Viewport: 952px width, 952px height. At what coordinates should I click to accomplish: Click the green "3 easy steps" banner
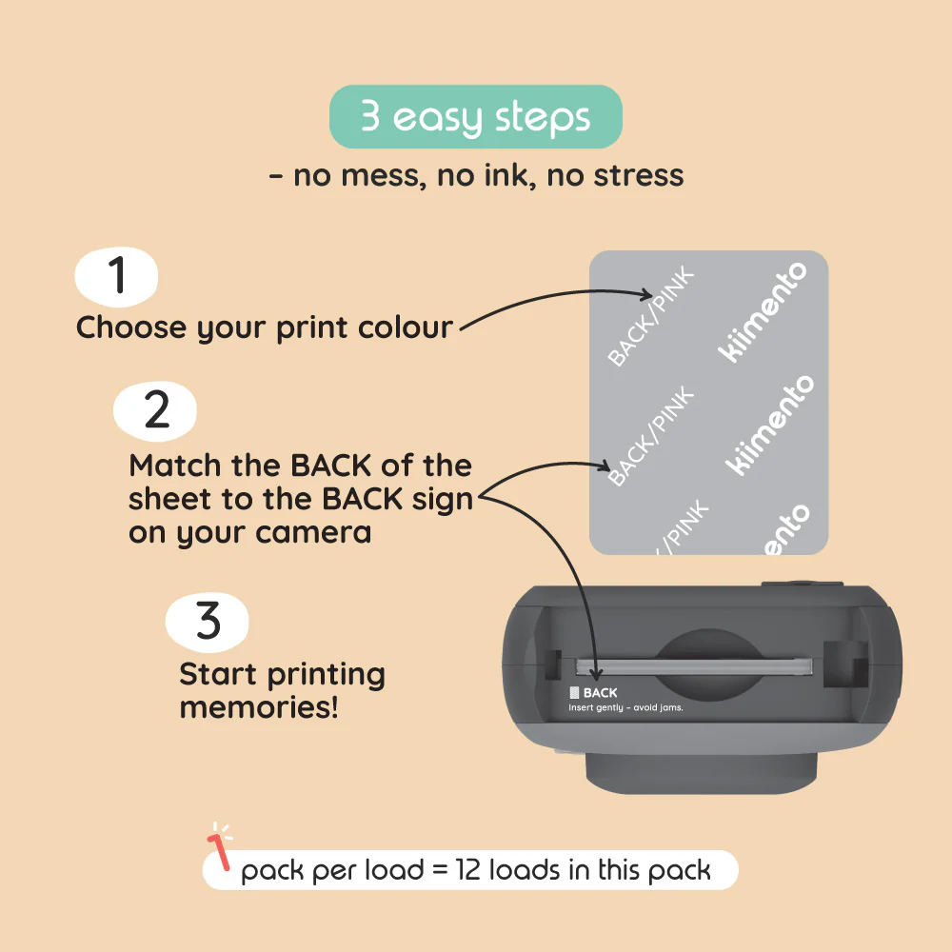click(476, 117)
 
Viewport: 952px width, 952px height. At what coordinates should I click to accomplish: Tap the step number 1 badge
click(117, 276)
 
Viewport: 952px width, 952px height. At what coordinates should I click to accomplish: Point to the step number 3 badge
click(208, 621)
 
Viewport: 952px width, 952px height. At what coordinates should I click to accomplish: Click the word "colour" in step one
click(406, 327)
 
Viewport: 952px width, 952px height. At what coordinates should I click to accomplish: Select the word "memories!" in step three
click(258, 707)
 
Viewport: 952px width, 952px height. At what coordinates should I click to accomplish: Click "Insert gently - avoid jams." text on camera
click(625, 707)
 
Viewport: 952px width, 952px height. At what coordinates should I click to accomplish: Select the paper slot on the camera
click(693, 664)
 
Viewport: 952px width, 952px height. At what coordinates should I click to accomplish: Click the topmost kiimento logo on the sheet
click(762, 311)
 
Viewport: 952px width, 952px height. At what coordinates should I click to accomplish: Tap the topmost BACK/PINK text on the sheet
click(652, 318)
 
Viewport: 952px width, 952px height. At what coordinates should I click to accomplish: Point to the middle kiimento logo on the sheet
click(770, 425)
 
